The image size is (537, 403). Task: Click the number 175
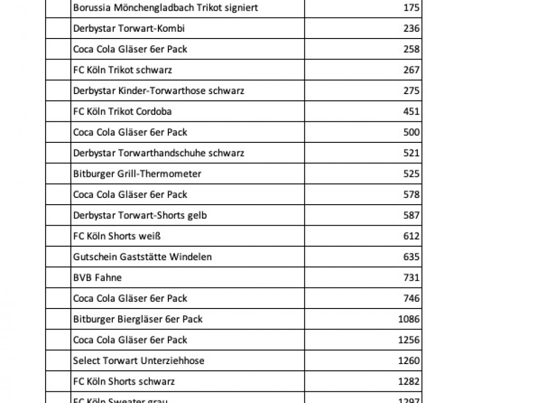[x=411, y=8]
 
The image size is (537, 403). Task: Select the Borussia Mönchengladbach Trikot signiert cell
[x=166, y=8]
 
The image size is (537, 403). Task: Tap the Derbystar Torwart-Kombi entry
[x=129, y=29]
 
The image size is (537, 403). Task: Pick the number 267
[x=411, y=70]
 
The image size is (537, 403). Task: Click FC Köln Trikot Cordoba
[x=122, y=111]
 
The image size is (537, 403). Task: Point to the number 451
[x=411, y=111]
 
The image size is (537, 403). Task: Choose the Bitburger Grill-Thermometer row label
[x=137, y=174]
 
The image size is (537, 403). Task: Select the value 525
[x=411, y=174]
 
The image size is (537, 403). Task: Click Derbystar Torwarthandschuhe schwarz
[x=158, y=153]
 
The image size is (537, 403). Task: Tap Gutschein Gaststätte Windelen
[x=142, y=257]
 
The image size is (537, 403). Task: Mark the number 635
[x=411, y=257]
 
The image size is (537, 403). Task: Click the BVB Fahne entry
[x=97, y=278]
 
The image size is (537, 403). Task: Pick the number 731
[x=411, y=278]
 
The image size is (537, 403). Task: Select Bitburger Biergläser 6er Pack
[x=138, y=319]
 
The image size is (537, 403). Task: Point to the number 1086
[x=409, y=319]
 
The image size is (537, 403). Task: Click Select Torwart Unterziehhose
[x=139, y=361]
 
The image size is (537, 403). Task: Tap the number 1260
[x=409, y=361]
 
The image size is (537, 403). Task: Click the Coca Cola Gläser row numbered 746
[x=130, y=299]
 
